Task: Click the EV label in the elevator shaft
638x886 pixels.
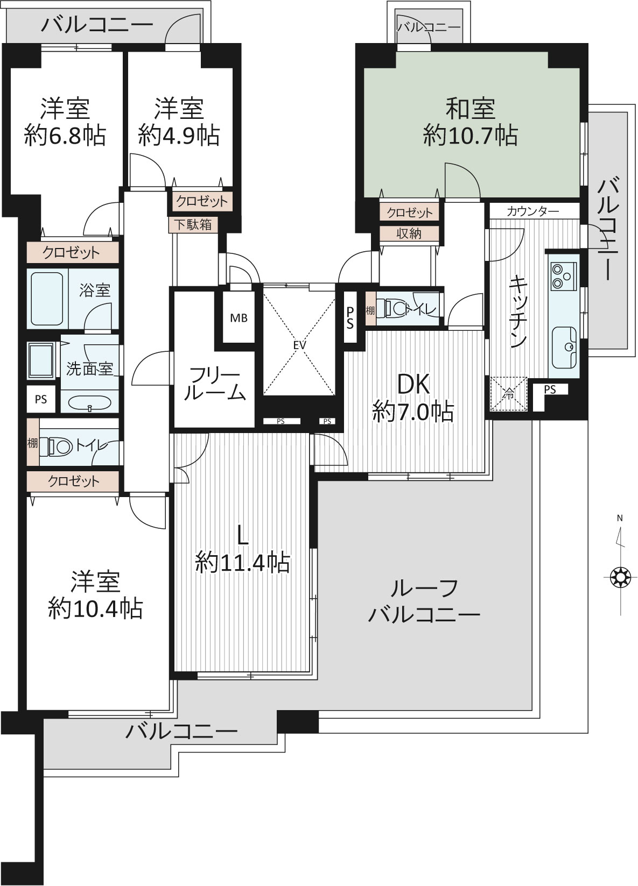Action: [299, 345]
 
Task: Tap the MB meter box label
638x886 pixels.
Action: [239, 317]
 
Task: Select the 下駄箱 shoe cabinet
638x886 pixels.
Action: [193, 225]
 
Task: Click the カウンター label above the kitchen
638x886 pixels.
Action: [532, 211]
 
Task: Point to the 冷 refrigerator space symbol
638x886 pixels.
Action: [509, 394]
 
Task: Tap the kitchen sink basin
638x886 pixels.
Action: [564, 346]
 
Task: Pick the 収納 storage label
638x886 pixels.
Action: [409, 233]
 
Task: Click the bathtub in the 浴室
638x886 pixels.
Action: [46, 299]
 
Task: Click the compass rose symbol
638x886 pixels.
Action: [620, 577]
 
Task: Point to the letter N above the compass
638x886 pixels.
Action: [620, 518]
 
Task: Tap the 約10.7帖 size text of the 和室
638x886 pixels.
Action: [470, 135]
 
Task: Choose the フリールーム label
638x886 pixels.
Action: [214, 383]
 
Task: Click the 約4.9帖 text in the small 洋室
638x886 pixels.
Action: [179, 135]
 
